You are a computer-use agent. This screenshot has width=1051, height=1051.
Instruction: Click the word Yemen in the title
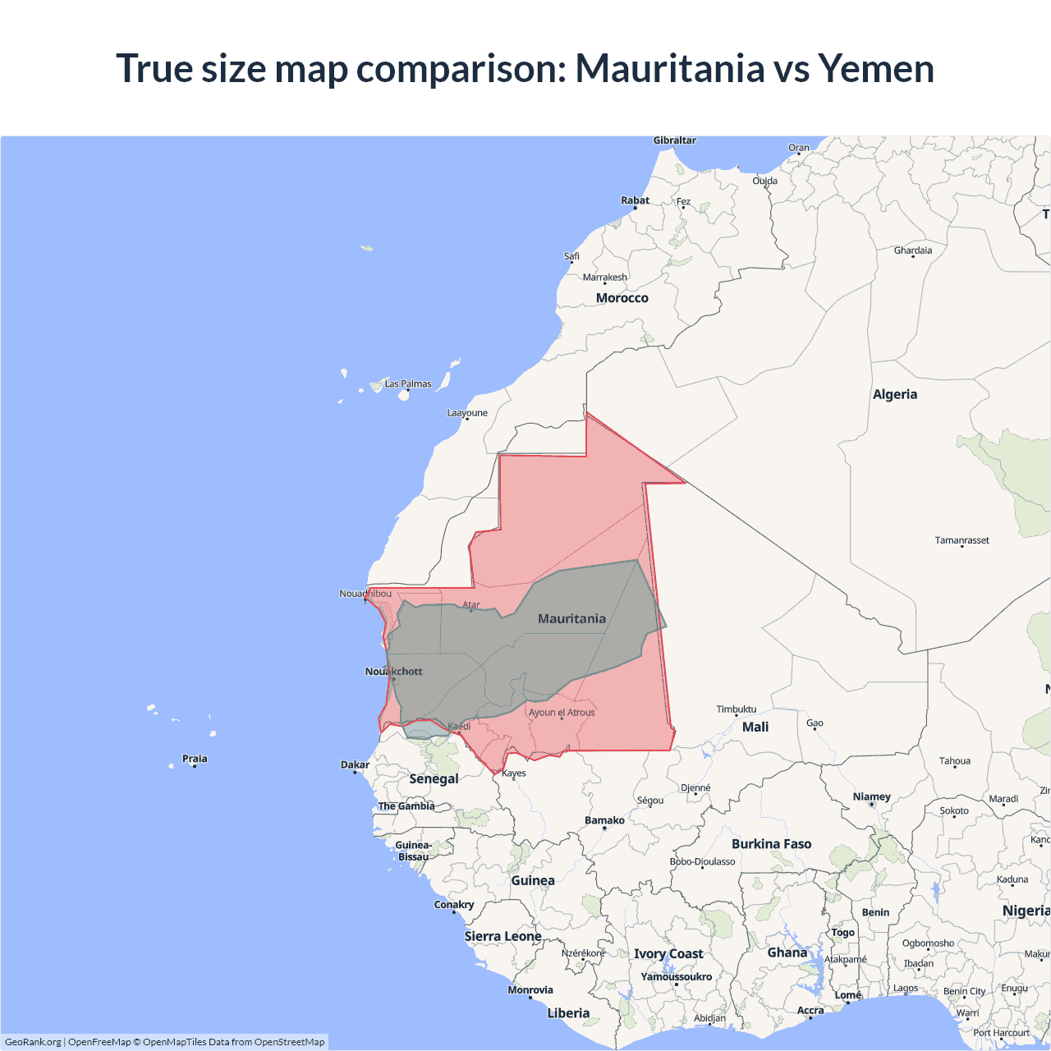pos(876,68)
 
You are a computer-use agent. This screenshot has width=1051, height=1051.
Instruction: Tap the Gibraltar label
pos(674,140)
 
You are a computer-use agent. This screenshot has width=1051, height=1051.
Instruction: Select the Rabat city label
pos(635,200)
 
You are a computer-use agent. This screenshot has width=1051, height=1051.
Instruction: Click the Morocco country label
pos(622,298)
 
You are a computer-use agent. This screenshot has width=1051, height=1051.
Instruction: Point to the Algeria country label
pos(894,394)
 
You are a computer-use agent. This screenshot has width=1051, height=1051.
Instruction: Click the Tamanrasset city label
pos(962,540)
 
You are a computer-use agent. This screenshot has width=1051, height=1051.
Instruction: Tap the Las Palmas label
pos(408,383)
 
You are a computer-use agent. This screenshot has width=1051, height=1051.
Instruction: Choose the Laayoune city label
pos(466,413)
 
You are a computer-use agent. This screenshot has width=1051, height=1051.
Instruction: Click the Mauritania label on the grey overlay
pos(571,618)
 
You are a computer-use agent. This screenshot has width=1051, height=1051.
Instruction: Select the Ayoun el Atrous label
pos(562,712)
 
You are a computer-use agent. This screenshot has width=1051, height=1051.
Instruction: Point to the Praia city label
pos(195,759)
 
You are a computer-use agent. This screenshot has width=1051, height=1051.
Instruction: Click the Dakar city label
pos(355,764)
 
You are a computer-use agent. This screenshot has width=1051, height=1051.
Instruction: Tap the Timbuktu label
pos(736,709)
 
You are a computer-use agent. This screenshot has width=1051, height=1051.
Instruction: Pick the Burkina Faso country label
pos(771,844)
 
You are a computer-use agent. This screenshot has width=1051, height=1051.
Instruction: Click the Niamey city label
pos(871,796)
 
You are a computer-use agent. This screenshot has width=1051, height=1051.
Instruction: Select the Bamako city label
pos(604,820)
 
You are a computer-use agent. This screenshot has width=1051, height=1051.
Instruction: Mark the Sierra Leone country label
pos(503,936)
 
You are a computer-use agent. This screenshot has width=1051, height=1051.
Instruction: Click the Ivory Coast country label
pos(668,953)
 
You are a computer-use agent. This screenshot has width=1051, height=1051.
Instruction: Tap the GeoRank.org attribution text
pos(33,1042)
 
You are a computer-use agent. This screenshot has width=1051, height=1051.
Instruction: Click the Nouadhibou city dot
pos(365,599)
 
